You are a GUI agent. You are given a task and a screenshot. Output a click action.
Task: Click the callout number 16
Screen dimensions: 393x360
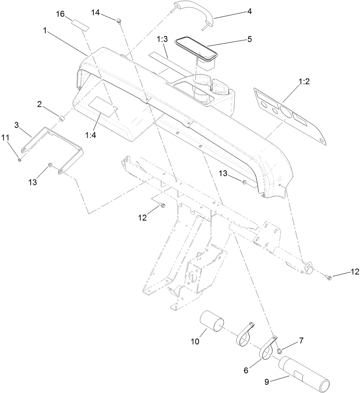click(60, 14)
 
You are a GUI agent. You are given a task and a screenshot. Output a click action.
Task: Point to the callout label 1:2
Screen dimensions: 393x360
click(305, 81)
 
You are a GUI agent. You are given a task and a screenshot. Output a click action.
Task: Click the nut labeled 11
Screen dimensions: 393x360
click(20, 159)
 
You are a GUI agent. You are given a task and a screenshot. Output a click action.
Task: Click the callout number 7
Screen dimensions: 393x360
click(301, 341)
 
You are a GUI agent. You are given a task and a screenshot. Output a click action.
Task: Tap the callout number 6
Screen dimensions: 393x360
click(246, 371)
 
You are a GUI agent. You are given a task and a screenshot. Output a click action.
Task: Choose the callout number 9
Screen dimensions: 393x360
click(267, 382)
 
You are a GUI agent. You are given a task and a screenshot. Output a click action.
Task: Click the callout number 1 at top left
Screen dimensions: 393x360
click(45, 31)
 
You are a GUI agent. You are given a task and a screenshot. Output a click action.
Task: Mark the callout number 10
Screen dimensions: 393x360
click(195, 341)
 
